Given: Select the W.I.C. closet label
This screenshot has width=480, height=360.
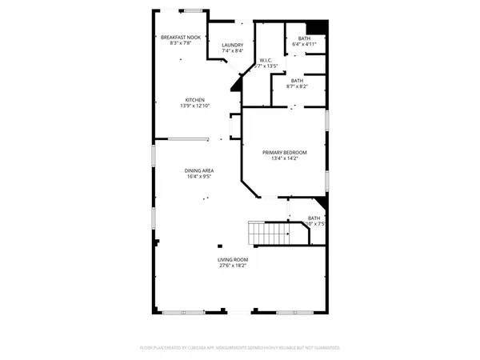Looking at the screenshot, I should click(266, 60).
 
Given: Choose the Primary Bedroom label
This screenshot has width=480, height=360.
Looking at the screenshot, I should click(285, 152).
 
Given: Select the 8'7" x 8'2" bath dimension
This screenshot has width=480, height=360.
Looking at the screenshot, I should click(296, 86).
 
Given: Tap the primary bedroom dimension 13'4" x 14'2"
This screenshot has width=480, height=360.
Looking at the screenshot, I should click(285, 158).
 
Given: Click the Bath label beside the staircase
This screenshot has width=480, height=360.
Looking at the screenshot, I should click(314, 218).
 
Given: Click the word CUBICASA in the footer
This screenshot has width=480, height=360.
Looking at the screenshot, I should click(209, 348).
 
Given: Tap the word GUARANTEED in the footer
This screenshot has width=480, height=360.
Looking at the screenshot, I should click(326, 348).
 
